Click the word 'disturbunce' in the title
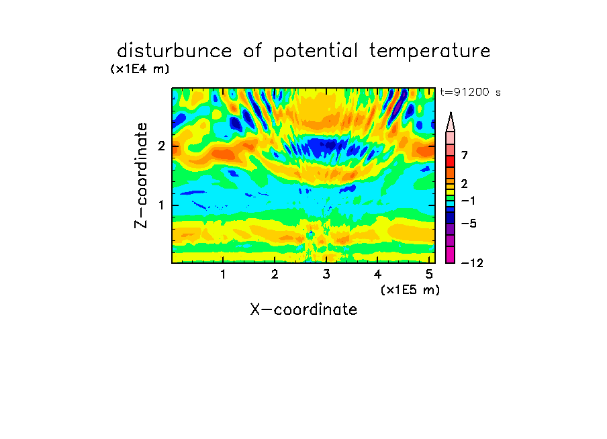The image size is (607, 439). [175, 50]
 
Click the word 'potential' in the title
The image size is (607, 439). [316, 52]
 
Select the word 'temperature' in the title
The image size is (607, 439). [430, 52]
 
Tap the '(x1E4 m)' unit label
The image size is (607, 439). [140, 69]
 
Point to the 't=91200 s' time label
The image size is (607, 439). [470, 92]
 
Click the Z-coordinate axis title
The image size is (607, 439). [141, 175]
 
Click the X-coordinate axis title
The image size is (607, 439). [303, 309]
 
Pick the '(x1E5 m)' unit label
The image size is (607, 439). [410, 289]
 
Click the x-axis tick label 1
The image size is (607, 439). [223, 275]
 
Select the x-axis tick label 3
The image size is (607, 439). [326, 275]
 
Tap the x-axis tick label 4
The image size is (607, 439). [377, 275]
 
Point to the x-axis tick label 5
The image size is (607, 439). [429, 275]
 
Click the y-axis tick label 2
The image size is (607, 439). [161, 146]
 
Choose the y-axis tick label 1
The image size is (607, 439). [161, 205]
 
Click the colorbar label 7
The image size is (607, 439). [465, 155]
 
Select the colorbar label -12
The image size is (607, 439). [472, 263]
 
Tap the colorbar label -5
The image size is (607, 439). [469, 224]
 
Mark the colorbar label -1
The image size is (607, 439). [468, 201]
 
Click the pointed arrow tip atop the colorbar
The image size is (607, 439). [451, 113]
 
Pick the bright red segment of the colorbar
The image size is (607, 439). [451, 161]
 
